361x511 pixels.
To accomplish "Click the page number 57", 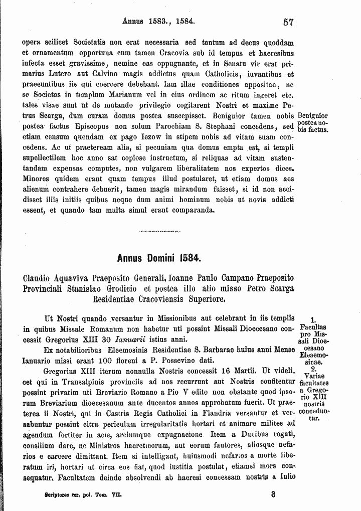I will coord(288,22).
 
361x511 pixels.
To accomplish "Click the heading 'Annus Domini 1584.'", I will coord(158,259).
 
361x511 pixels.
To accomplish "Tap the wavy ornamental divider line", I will coord(158,232).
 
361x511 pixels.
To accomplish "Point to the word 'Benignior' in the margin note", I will coord(312,115).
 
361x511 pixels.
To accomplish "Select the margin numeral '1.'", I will coord(313,319).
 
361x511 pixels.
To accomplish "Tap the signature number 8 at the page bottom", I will coord(273,493).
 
